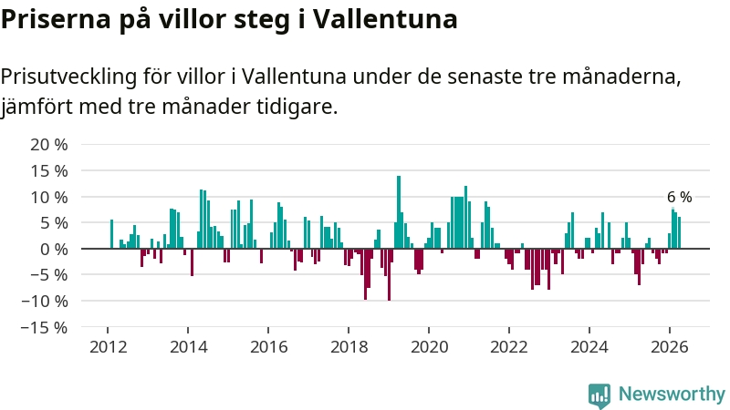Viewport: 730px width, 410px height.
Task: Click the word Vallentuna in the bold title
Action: (x=384, y=19)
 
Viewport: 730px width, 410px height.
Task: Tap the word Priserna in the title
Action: (x=56, y=19)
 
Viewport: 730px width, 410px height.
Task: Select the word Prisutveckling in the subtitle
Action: (x=68, y=77)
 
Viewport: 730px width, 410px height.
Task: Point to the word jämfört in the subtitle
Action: (x=36, y=107)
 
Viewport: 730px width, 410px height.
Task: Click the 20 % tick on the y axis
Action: (x=49, y=145)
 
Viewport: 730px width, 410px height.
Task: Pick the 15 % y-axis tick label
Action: (x=49, y=171)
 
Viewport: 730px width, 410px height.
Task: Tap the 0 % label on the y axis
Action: (x=54, y=249)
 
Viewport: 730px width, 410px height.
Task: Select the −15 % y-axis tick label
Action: (x=44, y=328)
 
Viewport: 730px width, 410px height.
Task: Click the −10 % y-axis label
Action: (x=44, y=302)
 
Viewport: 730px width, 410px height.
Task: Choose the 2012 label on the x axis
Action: (x=108, y=347)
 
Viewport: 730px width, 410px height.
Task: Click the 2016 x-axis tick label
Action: (x=268, y=347)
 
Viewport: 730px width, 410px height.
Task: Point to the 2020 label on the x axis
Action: (x=429, y=347)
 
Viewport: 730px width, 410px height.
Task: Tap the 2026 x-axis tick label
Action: (x=670, y=347)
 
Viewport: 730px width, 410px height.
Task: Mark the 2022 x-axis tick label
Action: (x=509, y=347)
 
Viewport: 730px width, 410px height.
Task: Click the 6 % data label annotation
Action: (x=679, y=197)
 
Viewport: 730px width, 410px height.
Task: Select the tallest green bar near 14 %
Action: (x=399, y=212)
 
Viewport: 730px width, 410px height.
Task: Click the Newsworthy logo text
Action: (x=672, y=395)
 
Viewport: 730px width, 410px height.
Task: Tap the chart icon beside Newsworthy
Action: (x=600, y=395)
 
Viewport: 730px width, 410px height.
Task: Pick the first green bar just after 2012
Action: (x=111, y=234)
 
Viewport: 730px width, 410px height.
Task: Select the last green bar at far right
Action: (x=679, y=233)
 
